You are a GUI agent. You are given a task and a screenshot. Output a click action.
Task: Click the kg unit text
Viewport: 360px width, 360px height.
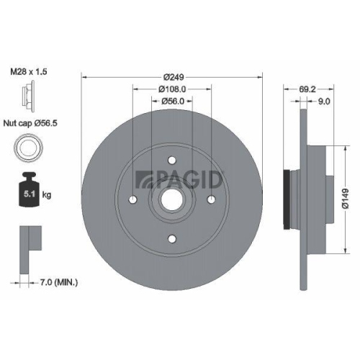coord(48,194)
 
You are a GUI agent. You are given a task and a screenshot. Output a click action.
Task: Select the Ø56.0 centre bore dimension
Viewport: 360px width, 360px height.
coord(171,102)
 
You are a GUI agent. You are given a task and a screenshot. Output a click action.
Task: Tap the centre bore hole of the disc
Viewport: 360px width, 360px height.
coord(171,200)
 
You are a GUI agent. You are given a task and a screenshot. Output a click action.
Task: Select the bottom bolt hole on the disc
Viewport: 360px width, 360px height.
coord(171,239)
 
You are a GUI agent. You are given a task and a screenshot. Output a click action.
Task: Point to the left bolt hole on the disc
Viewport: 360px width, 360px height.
coord(133,200)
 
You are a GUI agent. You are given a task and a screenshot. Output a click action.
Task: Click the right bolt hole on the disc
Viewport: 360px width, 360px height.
coord(210,200)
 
